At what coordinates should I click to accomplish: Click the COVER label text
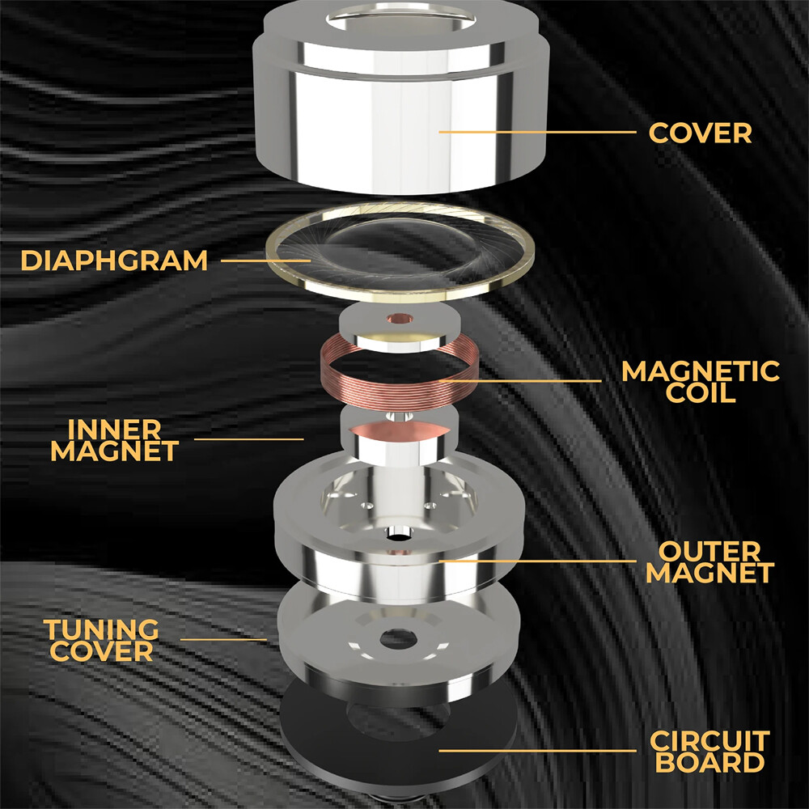click(x=700, y=133)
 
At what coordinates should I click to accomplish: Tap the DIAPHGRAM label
click(x=114, y=260)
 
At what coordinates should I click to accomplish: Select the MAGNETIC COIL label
click(x=700, y=382)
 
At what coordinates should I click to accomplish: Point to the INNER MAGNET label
click(x=115, y=440)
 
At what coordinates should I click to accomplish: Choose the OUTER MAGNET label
click(x=710, y=562)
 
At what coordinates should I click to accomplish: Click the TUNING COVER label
click(x=101, y=640)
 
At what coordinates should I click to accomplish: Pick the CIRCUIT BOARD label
click(x=710, y=752)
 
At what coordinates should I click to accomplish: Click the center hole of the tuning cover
click(x=398, y=639)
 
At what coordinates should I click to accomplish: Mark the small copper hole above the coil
click(x=400, y=318)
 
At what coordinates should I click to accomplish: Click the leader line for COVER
click(x=537, y=132)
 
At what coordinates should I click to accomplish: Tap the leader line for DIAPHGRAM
click(x=265, y=260)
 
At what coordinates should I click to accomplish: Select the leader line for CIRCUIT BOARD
click(x=537, y=751)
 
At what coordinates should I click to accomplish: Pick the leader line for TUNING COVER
click(x=223, y=640)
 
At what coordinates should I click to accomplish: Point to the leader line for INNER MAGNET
click(x=248, y=439)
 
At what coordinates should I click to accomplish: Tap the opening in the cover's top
click(x=400, y=18)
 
